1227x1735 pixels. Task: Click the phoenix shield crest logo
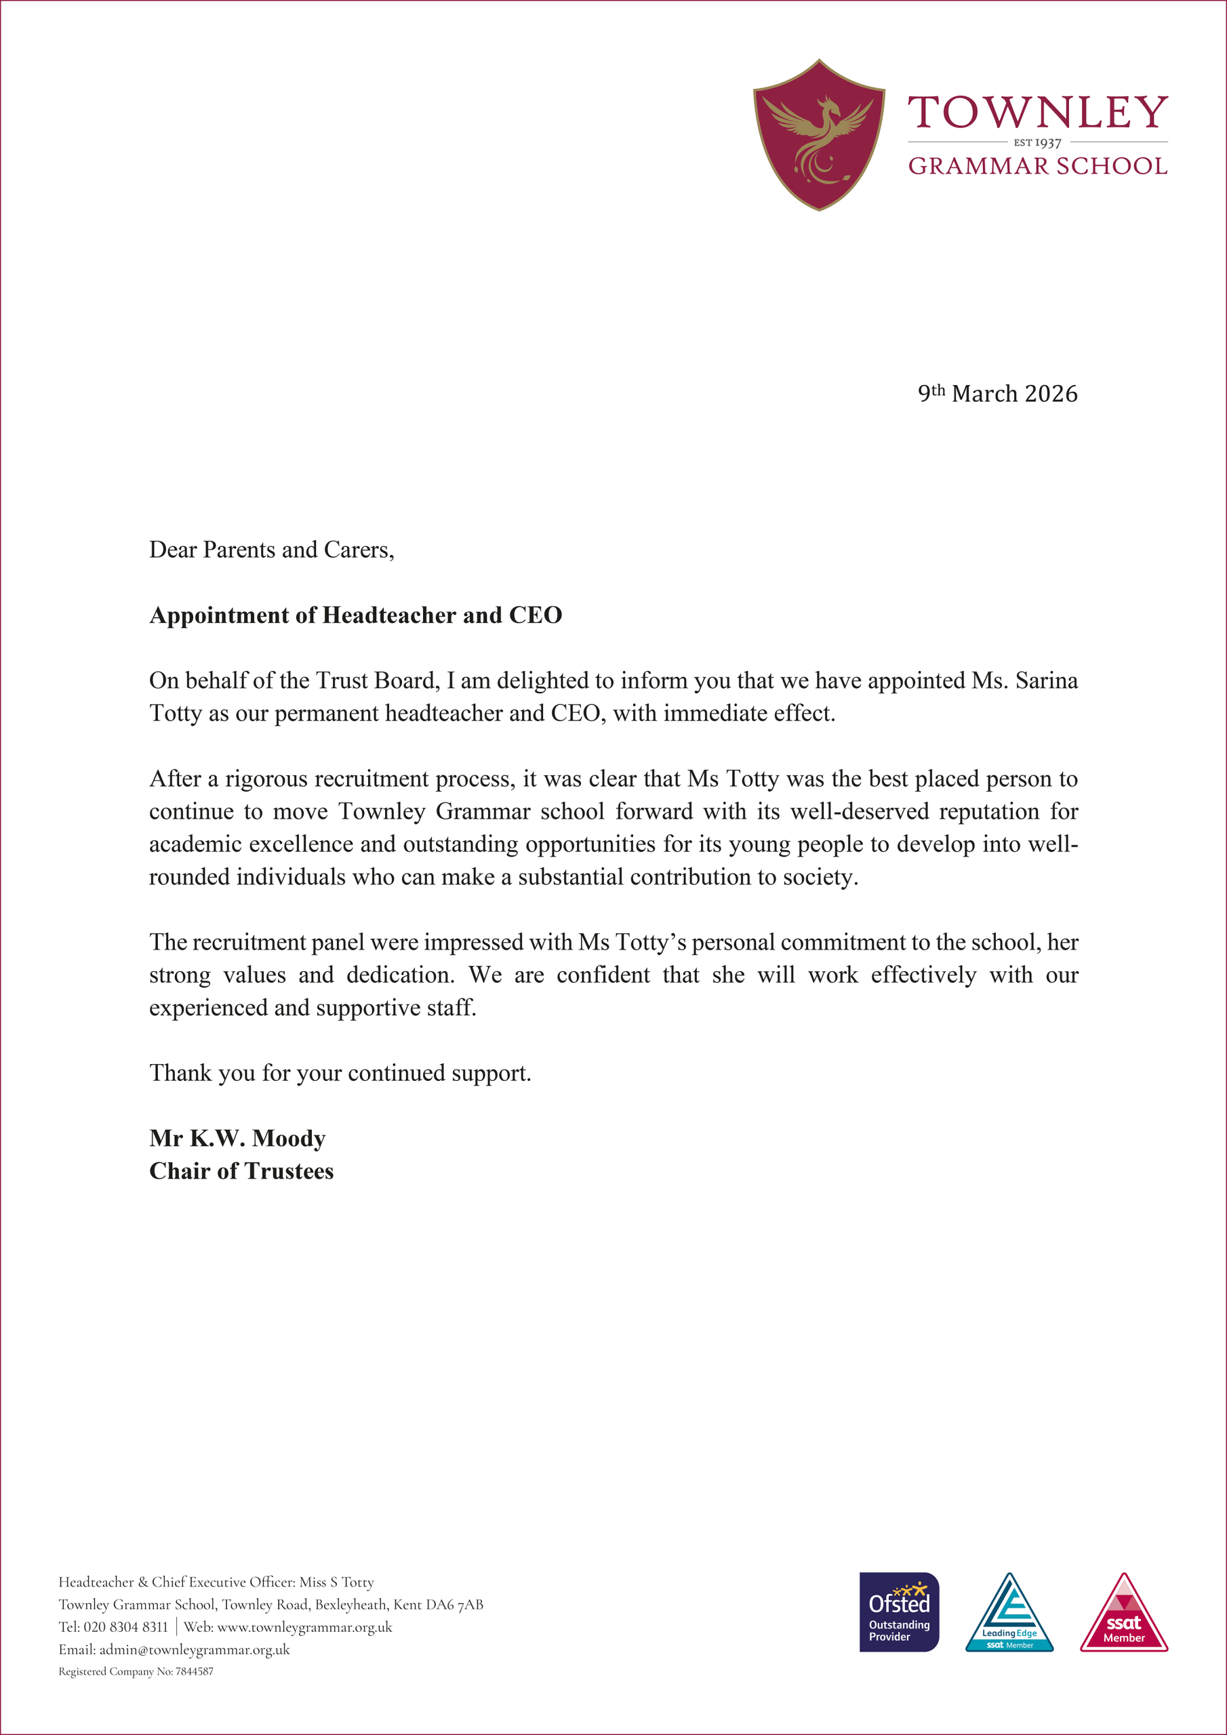click(819, 134)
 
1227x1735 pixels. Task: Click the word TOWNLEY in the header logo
click(1037, 113)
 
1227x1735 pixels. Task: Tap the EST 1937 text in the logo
click(1037, 143)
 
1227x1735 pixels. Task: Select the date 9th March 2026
click(997, 394)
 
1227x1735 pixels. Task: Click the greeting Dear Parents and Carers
click(271, 550)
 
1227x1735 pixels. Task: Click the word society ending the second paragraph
click(820, 877)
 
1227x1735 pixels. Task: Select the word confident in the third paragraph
click(603, 975)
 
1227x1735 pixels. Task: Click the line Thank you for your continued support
click(340, 1073)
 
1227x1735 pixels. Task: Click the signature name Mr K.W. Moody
click(237, 1138)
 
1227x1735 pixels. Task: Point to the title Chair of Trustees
click(241, 1171)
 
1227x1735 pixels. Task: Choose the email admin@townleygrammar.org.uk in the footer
click(195, 1650)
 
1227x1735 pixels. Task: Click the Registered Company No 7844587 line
click(136, 1671)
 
